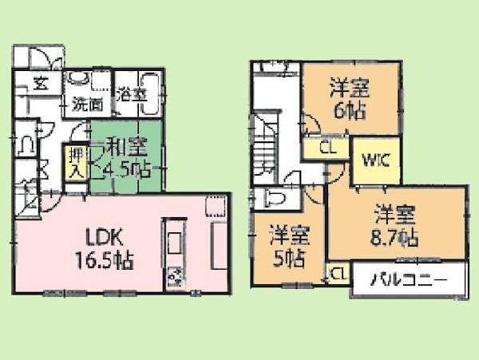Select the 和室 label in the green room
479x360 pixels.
[125, 146]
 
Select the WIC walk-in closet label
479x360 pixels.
[374, 159]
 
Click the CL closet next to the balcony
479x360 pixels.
[338, 274]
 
